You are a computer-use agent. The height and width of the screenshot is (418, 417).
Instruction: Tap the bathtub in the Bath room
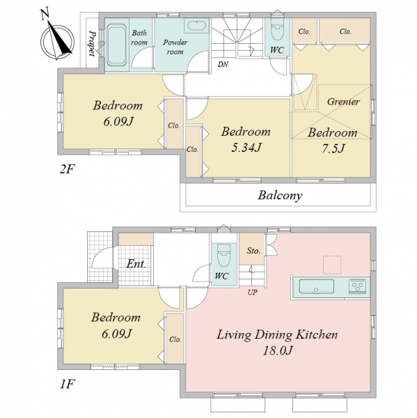point(116,45)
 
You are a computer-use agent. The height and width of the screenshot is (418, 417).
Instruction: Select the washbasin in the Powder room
point(196,26)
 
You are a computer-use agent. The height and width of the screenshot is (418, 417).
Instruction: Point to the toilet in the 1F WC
point(223,256)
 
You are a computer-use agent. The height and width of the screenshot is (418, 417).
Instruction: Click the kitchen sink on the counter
point(317,286)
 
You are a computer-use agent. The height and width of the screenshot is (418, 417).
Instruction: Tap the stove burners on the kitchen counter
point(358,286)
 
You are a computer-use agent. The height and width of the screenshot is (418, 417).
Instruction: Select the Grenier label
point(343,102)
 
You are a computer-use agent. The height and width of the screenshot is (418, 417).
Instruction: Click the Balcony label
point(280,195)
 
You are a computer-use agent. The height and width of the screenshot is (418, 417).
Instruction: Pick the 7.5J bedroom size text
point(333,148)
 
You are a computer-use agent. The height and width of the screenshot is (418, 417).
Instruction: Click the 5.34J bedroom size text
point(246,148)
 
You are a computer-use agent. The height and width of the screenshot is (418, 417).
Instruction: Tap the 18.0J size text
point(278,350)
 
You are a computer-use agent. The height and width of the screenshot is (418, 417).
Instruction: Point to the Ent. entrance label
point(136,264)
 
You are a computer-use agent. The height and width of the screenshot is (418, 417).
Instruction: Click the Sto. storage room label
point(253,251)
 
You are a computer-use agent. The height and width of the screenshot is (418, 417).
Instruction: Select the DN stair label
point(223,64)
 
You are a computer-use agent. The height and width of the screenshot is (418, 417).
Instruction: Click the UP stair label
point(252,293)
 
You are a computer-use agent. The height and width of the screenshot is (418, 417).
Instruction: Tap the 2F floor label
point(67,169)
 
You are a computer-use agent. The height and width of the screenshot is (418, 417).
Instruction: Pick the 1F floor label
point(67,384)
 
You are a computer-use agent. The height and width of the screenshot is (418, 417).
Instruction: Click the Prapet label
point(92,43)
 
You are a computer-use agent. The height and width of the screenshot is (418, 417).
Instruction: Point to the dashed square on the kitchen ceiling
point(332,265)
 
